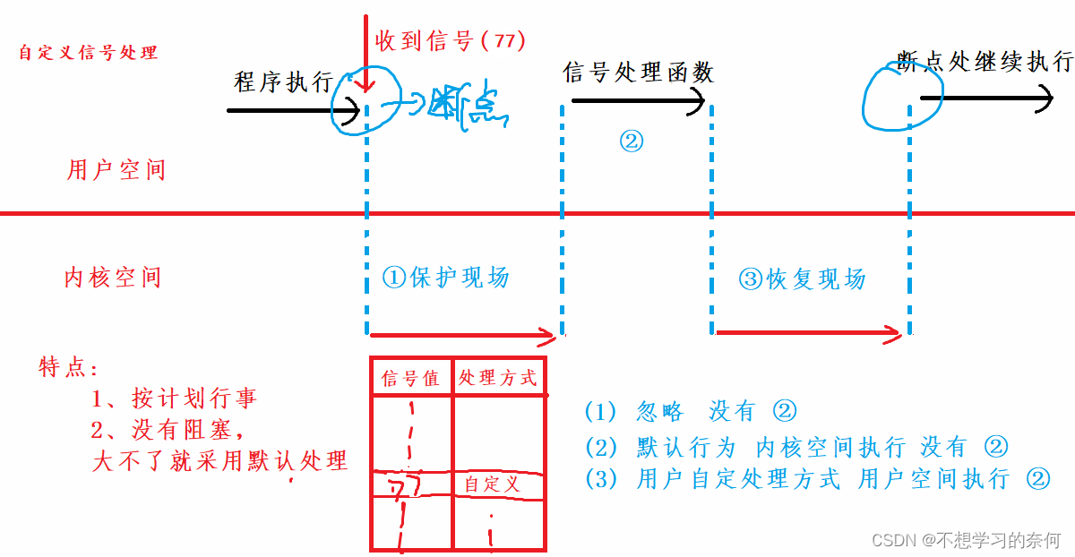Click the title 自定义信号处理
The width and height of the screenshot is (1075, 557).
tap(88, 53)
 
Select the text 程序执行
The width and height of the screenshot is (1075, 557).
tap(283, 82)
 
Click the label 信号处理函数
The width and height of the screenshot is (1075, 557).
tap(638, 73)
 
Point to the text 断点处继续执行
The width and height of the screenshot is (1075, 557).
tap(985, 62)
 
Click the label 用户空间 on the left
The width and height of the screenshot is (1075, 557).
tap(116, 170)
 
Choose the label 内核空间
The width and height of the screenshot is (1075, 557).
tap(113, 278)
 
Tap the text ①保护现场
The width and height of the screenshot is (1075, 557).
tap(445, 278)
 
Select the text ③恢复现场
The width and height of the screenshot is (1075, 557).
tap(802, 279)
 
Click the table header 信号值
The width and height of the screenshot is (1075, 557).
tap(410, 379)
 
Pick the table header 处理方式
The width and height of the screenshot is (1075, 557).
tap(497, 378)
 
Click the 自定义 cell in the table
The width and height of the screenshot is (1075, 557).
tap(492, 484)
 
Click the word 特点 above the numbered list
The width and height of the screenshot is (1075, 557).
tap(68, 367)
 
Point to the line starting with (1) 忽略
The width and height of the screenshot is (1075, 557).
tap(690, 412)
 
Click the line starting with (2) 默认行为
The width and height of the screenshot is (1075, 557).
tap(796, 446)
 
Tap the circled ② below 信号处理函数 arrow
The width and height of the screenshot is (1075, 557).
tap(632, 141)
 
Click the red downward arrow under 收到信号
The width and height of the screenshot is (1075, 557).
tap(364, 54)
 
